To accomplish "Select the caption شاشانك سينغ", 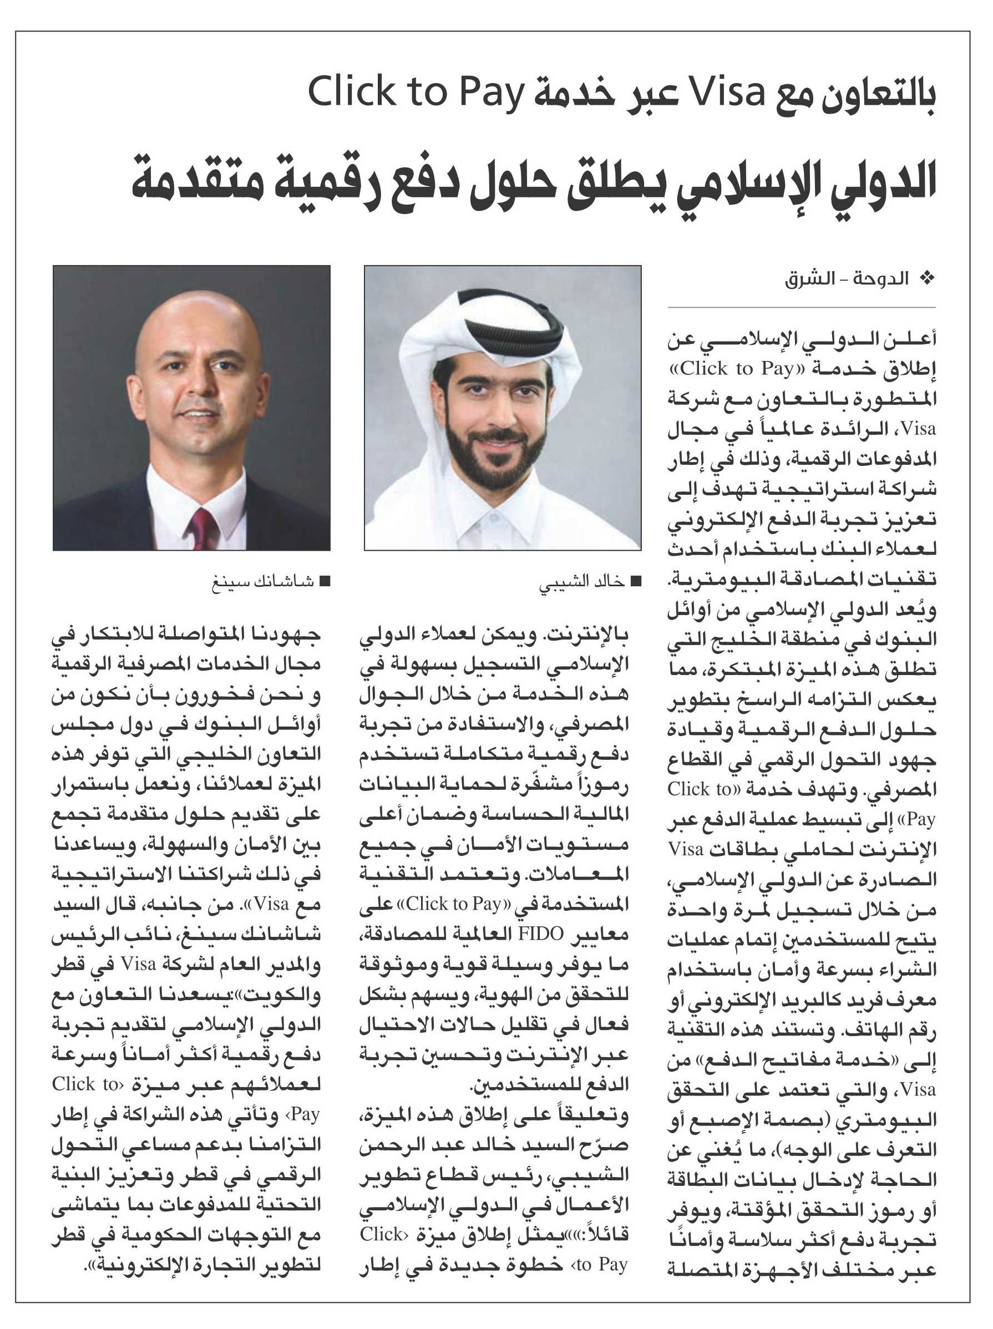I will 262,582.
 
